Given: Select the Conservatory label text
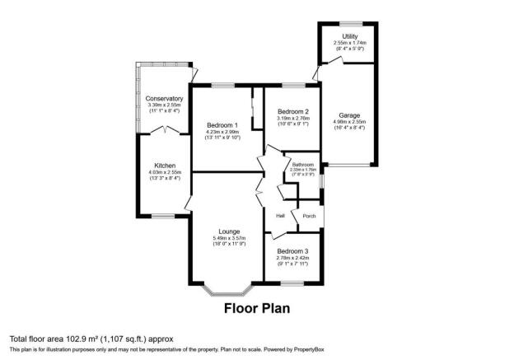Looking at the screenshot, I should point(165,98).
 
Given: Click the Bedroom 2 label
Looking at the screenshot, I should point(292,111).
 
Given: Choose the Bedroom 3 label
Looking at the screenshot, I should point(292,250).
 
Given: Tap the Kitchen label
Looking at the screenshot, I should point(165,166).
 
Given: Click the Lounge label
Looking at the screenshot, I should point(229,231).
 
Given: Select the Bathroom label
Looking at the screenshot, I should point(302,165).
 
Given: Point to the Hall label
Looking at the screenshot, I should point(280,216).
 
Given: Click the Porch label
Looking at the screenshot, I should point(309,216).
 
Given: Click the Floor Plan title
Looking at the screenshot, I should point(257,310).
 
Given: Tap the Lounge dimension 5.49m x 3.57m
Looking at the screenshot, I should point(229,238).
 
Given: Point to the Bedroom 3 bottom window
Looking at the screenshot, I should point(292,283).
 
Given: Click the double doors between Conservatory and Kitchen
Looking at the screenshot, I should point(167,130).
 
